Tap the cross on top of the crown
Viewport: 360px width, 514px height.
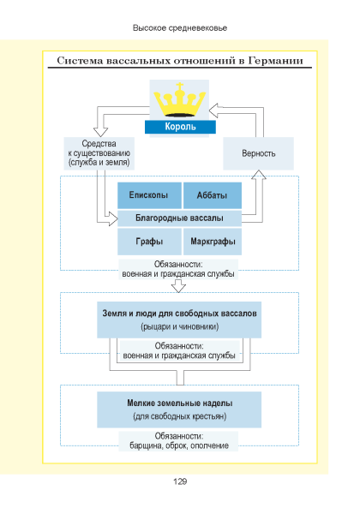[179, 87]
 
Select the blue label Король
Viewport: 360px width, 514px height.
[180, 127]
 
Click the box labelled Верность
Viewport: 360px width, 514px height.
[258, 153]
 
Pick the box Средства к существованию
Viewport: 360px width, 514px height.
[99, 153]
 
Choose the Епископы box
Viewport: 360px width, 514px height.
[149, 195]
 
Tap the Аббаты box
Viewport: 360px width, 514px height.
[213, 195]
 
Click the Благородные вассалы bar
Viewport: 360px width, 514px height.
[180, 218]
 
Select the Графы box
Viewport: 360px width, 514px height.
[149, 242]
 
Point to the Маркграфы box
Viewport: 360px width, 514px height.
[213, 242]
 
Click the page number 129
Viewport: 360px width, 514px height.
[180, 481]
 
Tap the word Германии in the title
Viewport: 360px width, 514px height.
[275, 61]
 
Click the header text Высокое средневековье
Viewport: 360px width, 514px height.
[180, 28]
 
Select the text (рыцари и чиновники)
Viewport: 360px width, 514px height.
[180, 327]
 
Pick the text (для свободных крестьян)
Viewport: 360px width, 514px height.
[180, 416]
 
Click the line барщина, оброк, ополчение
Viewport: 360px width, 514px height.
[179, 445]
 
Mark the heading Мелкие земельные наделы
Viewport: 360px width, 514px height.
[180, 403]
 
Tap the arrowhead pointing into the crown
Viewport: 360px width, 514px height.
[213, 111]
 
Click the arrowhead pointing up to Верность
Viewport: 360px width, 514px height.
[259, 175]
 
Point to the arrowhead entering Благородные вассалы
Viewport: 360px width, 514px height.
[113, 218]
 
